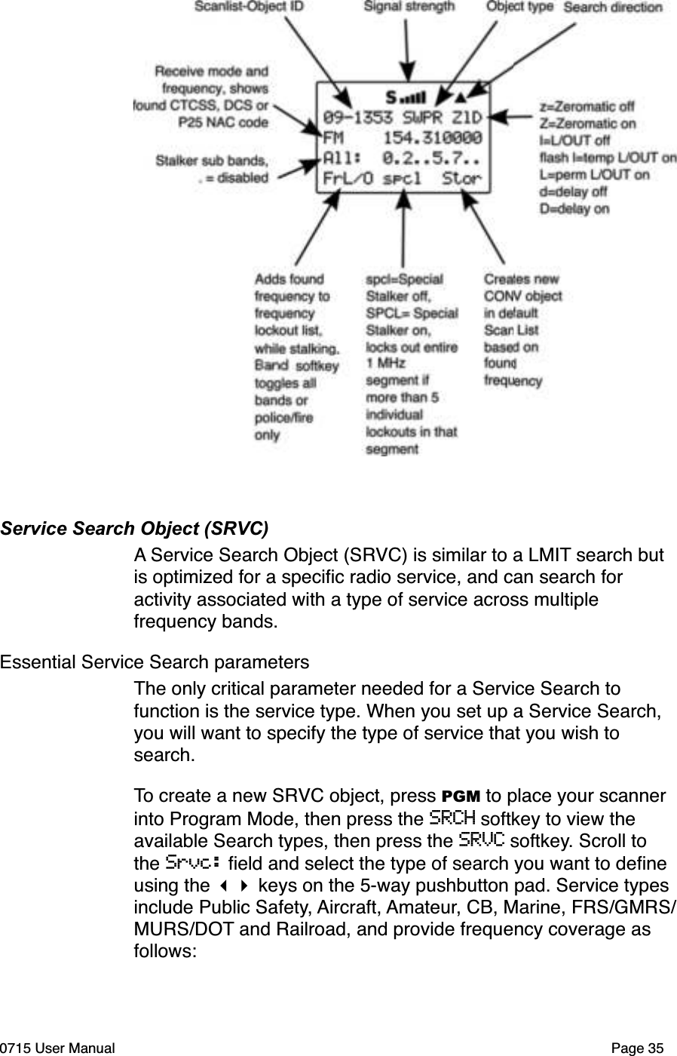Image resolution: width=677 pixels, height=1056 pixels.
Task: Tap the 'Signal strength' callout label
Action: coord(409,7)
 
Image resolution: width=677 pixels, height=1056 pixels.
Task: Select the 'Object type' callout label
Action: coord(519,7)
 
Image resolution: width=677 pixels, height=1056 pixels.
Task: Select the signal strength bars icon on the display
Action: coord(414,98)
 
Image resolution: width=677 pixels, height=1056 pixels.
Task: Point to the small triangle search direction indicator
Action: coord(461,98)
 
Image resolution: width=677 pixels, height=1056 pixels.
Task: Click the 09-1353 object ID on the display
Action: coord(357,118)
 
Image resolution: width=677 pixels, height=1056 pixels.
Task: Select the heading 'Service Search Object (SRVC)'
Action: coord(135,528)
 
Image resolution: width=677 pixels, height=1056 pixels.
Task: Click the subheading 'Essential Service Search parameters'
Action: coord(155,662)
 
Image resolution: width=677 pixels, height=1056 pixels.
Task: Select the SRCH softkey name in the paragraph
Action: coord(451,818)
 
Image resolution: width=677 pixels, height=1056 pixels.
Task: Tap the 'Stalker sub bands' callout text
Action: coord(211,160)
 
